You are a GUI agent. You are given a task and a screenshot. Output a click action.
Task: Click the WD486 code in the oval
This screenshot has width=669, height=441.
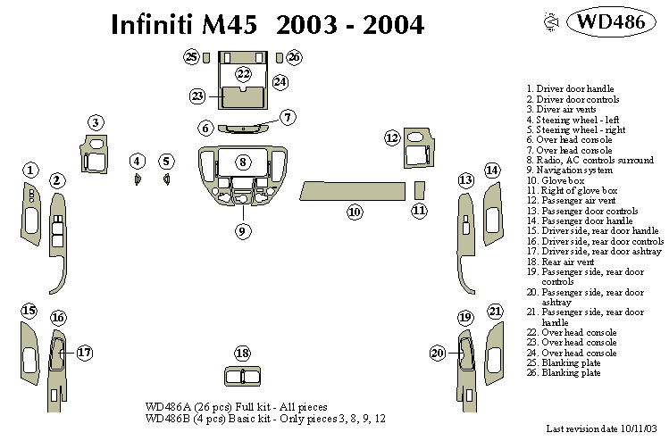(x=611, y=21)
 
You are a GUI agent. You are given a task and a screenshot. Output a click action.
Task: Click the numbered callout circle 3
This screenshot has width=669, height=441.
(x=96, y=122)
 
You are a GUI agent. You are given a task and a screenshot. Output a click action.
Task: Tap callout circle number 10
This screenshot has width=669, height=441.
(x=355, y=212)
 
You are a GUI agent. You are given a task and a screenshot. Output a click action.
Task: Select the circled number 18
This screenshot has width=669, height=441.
(x=242, y=353)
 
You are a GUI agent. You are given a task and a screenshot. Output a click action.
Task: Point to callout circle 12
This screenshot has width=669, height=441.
(x=392, y=137)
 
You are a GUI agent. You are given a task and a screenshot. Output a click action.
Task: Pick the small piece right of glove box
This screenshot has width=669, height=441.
(x=420, y=190)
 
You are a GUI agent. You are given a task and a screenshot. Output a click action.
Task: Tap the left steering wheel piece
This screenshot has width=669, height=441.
(x=138, y=180)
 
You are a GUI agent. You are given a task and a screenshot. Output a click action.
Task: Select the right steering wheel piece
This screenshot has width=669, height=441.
(x=167, y=180)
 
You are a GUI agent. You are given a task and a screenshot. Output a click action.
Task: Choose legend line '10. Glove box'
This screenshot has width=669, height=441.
(x=556, y=180)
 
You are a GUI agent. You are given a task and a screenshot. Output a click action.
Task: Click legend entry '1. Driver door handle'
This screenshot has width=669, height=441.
(x=570, y=89)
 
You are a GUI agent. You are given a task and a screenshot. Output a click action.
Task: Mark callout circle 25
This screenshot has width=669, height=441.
(x=191, y=57)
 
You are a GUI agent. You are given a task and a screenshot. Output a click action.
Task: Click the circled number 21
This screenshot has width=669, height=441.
(x=496, y=311)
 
